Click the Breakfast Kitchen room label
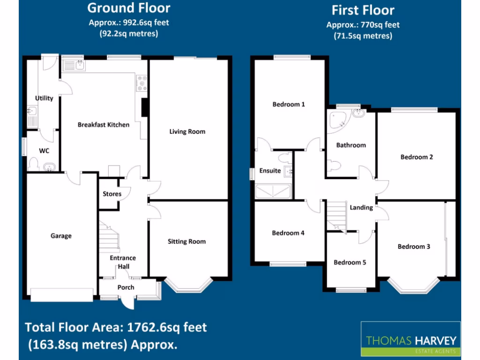(x=103, y=125)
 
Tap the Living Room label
(x=187, y=132)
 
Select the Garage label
(x=61, y=236)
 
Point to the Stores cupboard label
(x=112, y=194)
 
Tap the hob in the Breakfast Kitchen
(x=142, y=83)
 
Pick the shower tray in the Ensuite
(x=273, y=191)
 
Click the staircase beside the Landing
(x=336, y=215)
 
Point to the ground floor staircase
(x=109, y=237)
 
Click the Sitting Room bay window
(x=183, y=285)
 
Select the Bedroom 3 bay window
(x=412, y=286)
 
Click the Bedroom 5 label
(x=350, y=262)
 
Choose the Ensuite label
(x=270, y=171)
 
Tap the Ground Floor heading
(x=129, y=8)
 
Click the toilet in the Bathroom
(x=334, y=165)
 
